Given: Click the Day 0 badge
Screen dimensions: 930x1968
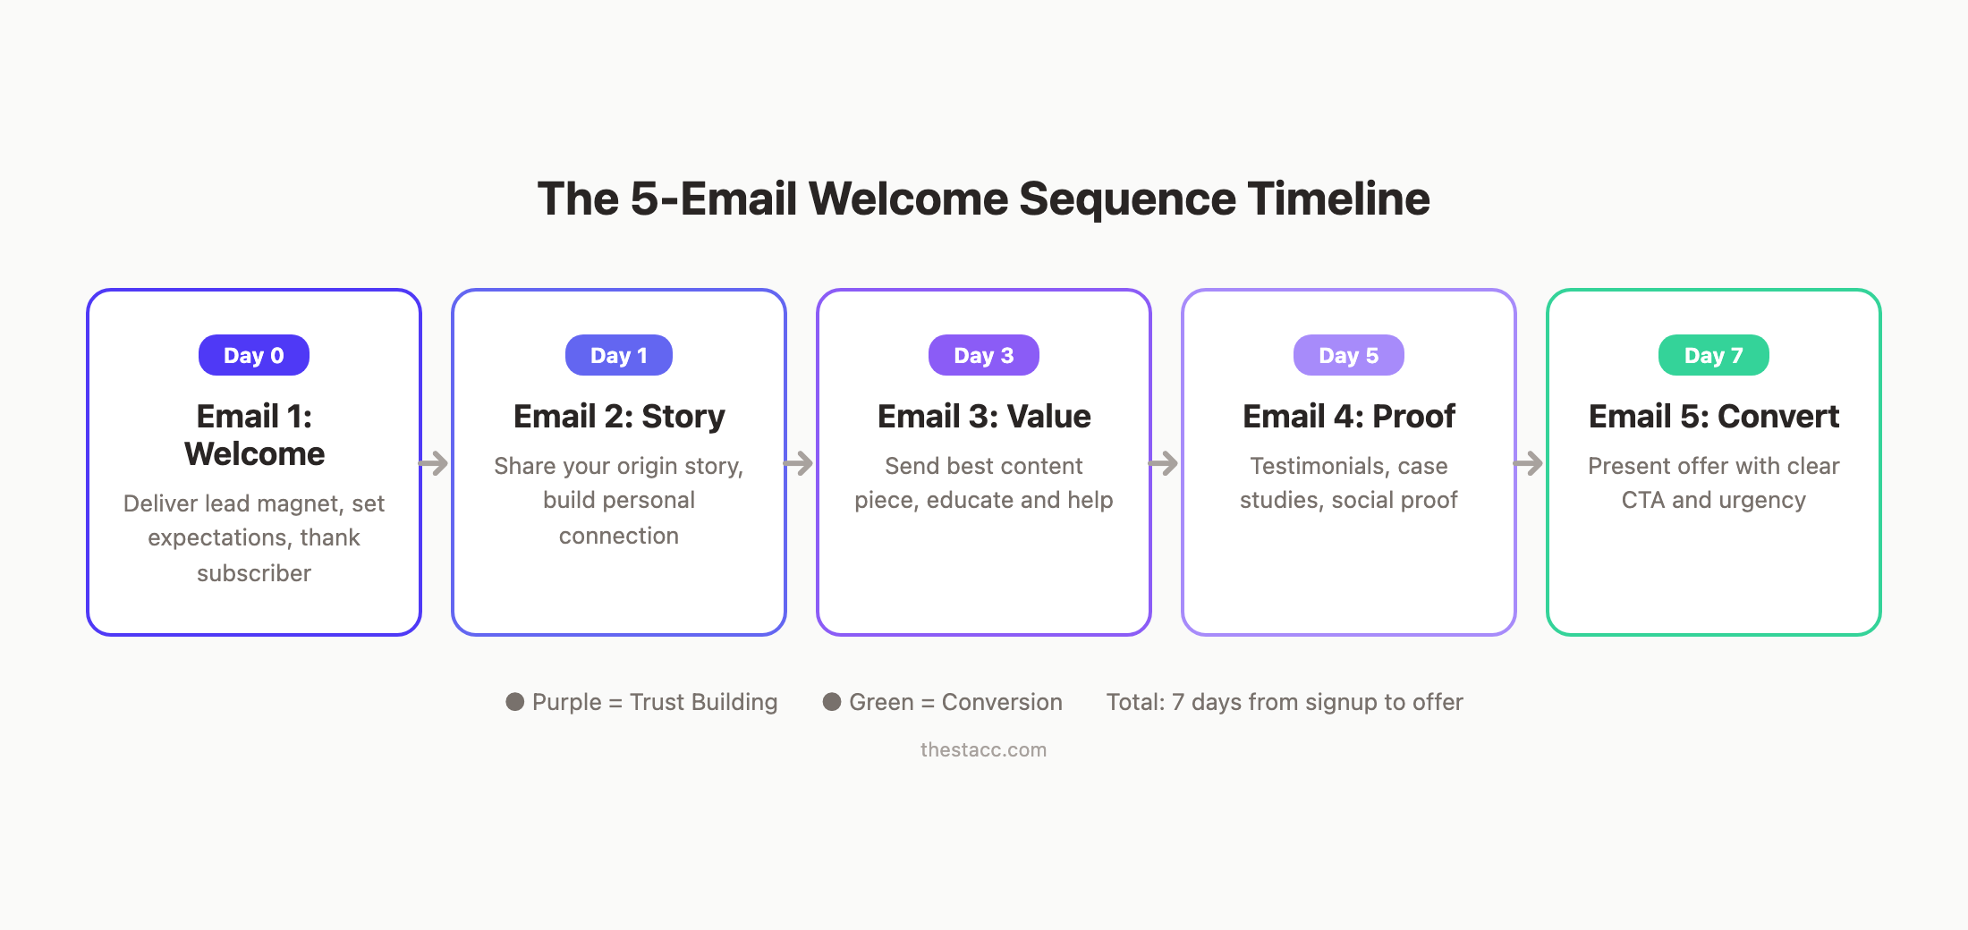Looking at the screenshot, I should [254, 355].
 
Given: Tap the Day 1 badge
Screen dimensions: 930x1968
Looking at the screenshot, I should [619, 355].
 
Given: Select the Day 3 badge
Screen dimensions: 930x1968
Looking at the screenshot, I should [984, 355].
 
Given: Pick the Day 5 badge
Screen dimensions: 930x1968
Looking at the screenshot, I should [1349, 355].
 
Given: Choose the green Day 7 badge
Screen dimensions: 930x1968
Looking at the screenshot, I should [1714, 355].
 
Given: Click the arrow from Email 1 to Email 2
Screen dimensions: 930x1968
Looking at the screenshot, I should [434, 463].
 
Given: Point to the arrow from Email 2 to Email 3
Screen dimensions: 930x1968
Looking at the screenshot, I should [799, 463].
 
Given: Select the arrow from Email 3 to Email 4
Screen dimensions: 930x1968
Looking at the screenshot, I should [1164, 463].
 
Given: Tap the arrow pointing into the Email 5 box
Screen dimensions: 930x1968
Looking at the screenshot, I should [1529, 463].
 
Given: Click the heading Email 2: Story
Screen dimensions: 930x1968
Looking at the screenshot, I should [619, 417].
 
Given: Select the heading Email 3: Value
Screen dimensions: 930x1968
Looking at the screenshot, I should [984, 417].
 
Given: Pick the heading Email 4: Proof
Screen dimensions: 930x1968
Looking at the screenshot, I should [1349, 417].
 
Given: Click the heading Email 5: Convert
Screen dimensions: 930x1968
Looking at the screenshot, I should [1714, 417].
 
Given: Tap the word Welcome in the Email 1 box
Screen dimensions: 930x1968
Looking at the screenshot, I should [255, 454].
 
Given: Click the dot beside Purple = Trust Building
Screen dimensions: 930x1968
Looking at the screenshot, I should [515, 702].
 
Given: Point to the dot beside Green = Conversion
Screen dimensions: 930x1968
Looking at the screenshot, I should [832, 702].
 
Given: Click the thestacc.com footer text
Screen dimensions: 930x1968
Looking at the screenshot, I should [983, 749].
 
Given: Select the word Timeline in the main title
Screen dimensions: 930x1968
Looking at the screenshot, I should [1339, 199].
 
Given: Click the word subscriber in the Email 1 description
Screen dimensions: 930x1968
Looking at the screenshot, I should [254, 573].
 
